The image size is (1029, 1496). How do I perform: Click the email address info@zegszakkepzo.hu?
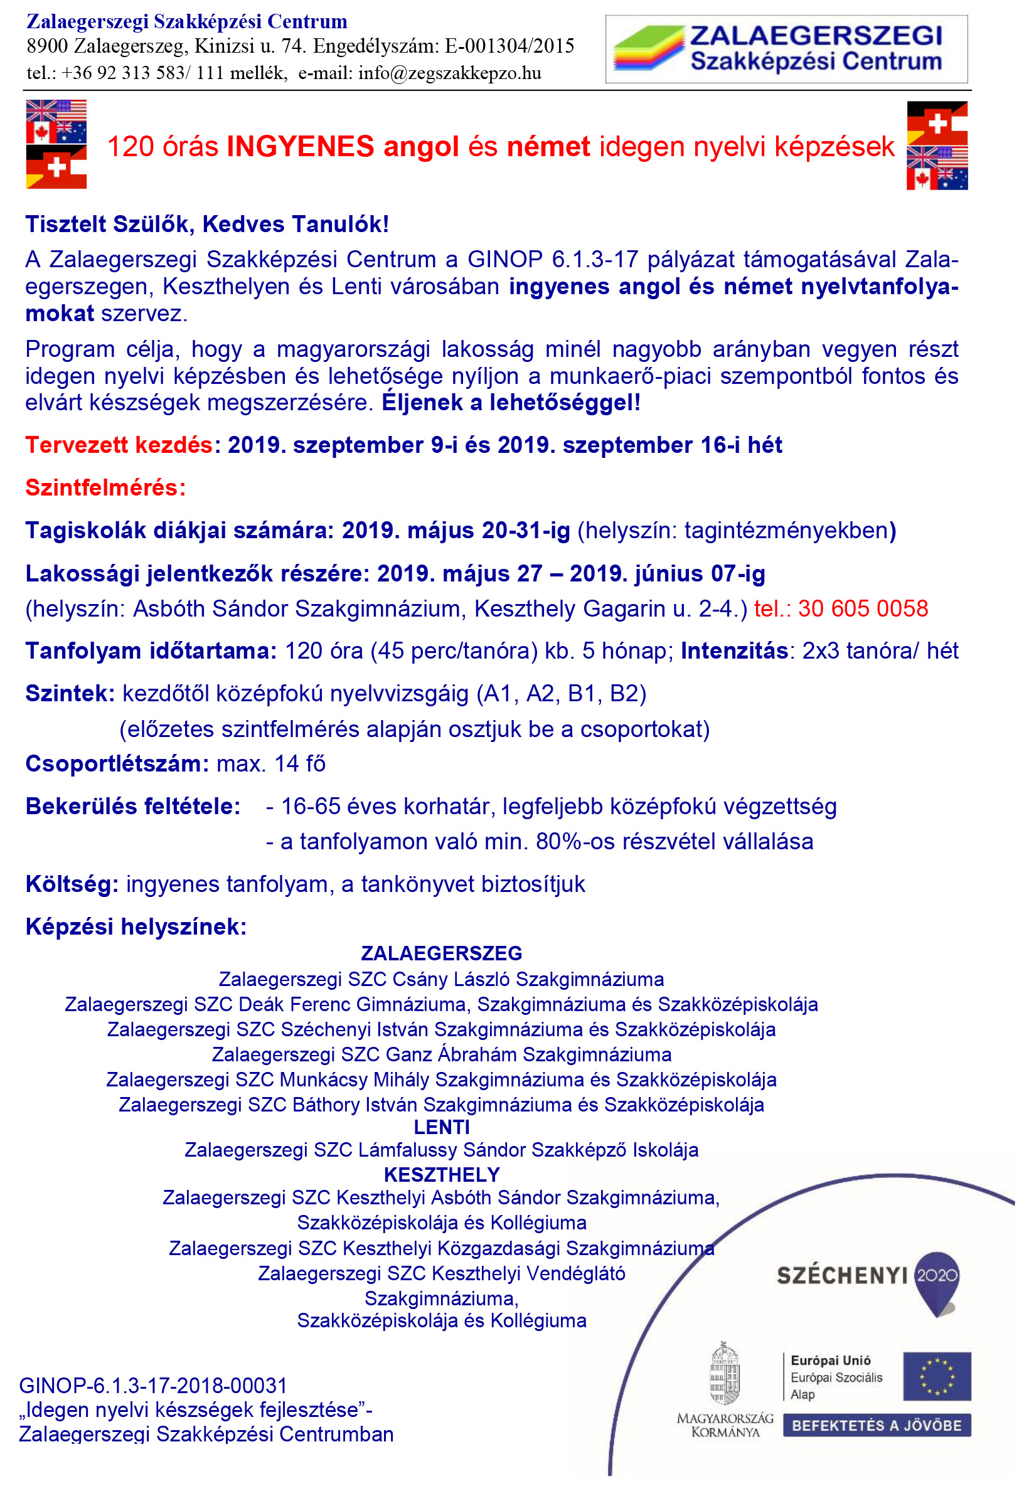[x=450, y=73]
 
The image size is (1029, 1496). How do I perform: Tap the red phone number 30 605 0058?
[x=863, y=609]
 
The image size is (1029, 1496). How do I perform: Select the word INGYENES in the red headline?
[x=301, y=147]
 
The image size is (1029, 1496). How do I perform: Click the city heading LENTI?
[x=442, y=1128]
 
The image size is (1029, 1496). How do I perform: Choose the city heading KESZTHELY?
[x=442, y=1175]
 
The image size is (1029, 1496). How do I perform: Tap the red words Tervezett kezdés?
[x=119, y=445]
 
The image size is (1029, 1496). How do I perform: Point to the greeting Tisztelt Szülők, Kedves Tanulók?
[x=207, y=225]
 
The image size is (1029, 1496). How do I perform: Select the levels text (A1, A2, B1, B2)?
[x=561, y=694]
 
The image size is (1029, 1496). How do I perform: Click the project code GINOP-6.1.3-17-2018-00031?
[x=154, y=1386]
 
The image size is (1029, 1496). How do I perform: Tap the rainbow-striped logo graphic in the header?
[x=648, y=48]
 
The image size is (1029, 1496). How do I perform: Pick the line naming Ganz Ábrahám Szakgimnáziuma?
[x=442, y=1054]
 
